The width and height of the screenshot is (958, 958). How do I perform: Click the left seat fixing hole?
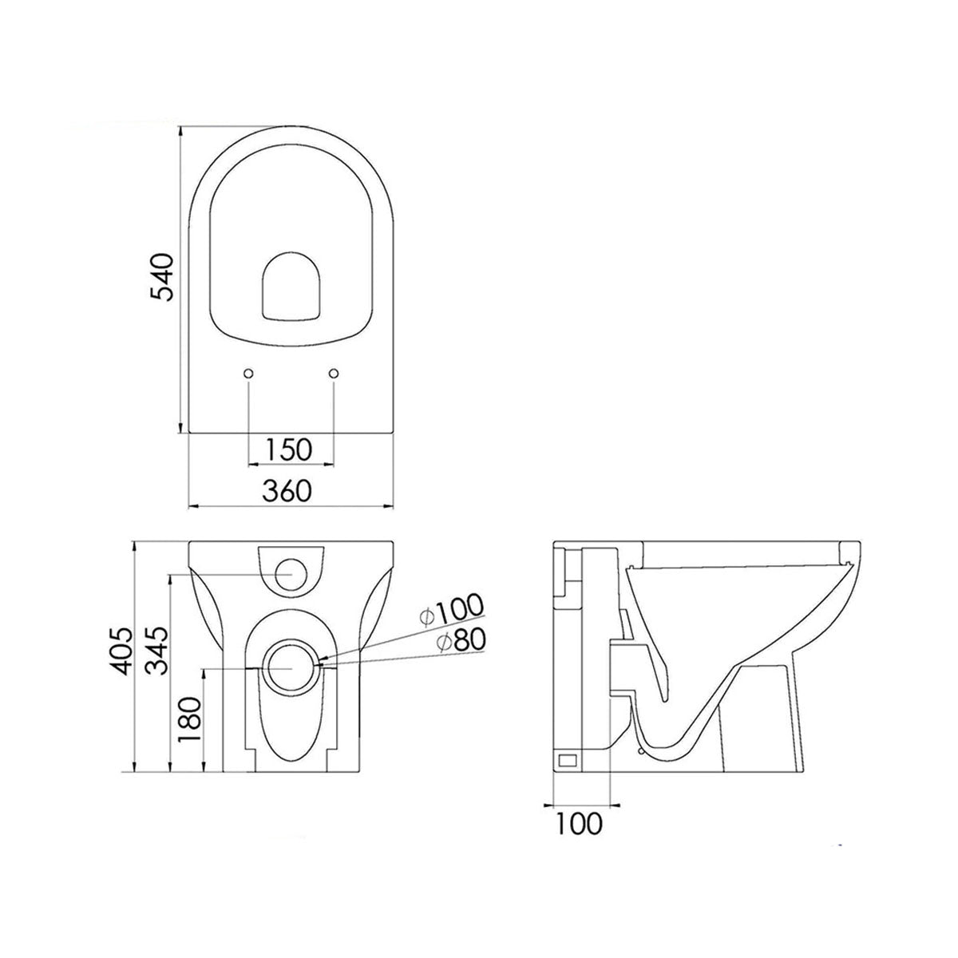click(248, 374)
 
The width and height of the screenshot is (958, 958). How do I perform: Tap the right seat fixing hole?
click(334, 374)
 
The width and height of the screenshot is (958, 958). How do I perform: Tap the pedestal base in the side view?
click(758, 726)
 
